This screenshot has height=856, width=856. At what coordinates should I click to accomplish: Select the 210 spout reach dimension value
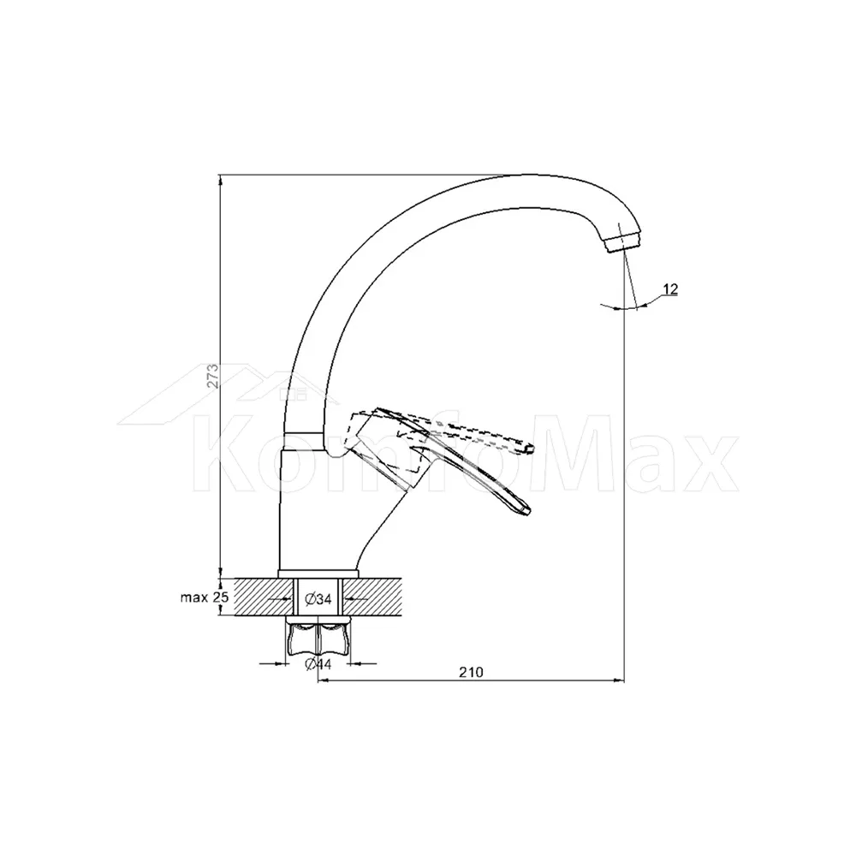coord(471,672)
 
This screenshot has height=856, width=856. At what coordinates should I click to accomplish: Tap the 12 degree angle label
coord(670,289)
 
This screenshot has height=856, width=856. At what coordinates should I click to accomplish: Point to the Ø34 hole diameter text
coord(318,599)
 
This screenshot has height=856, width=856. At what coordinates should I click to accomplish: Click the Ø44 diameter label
coord(318,664)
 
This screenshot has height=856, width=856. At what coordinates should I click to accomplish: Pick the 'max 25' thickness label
coord(205,597)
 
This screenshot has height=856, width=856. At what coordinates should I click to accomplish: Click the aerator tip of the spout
coord(623,242)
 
